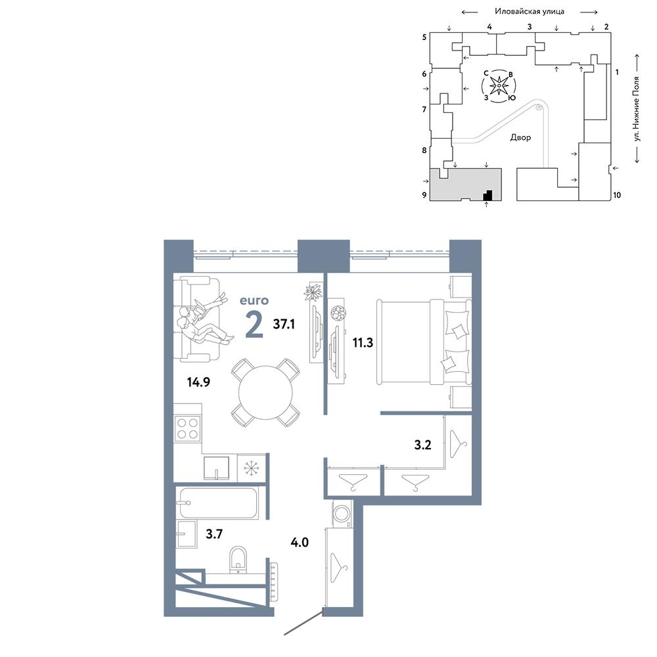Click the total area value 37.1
click(x=284, y=324)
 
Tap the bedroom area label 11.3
click(x=363, y=343)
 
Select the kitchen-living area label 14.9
click(x=198, y=382)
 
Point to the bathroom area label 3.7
click(x=214, y=533)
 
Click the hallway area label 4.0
click(x=300, y=542)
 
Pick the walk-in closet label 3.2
click(x=422, y=445)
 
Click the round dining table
click(x=265, y=393)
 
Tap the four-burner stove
click(x=187, y=428)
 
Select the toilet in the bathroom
click(x=238, y=559)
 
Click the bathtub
click(x=217, y=503)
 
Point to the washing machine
click(x=342, y=513)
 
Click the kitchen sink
click(x=216, y=468)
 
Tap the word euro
click(x=254, y=300)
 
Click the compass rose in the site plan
click(x=499, y=86)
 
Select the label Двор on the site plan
click(x=520, y=137)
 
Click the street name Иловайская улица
click(x=530, y=11)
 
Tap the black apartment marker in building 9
click(x=487, y=195)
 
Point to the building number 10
click(x=617, y=195)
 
